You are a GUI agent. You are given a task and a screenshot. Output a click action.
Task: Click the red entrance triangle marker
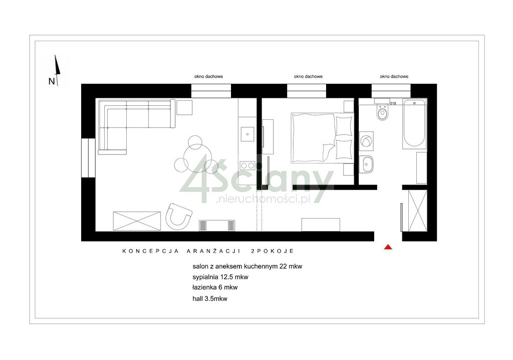(x=388, y=247)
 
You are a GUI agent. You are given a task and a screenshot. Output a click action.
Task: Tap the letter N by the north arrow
(x=52, y=81)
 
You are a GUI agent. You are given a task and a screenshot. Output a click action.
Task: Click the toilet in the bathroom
(x=382, y=112)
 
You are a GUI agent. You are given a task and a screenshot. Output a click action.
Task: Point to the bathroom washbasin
(x=367, y=164)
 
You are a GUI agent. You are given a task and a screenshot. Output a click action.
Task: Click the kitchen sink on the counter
(x=247, y=134)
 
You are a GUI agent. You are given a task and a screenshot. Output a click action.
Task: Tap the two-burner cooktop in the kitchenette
(x=247, y=165)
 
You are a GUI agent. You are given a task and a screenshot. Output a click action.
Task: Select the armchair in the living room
(x=178, y=217)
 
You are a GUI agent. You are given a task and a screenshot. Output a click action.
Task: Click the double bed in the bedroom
(x=323, y=138)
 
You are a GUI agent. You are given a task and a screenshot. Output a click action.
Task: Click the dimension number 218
(x=393, y=103)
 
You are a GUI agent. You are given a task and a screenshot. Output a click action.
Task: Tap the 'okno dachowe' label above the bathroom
(x=394, y=76)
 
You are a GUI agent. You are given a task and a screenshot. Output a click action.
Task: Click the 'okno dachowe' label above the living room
(x=208, y=76)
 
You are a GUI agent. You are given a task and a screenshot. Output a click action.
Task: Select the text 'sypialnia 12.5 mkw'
(x=220, y=277)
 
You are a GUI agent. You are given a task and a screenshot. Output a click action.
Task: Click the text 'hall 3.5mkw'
(x=210, y=299)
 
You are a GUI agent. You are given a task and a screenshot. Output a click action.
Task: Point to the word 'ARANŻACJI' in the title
(x=213, y=251)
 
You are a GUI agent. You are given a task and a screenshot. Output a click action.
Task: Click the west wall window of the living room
(x=88, y=158)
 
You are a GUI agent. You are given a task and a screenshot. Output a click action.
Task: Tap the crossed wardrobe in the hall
(x=417, y=211)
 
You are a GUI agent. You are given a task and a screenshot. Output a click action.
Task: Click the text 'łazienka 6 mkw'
(x=215, y=288)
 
